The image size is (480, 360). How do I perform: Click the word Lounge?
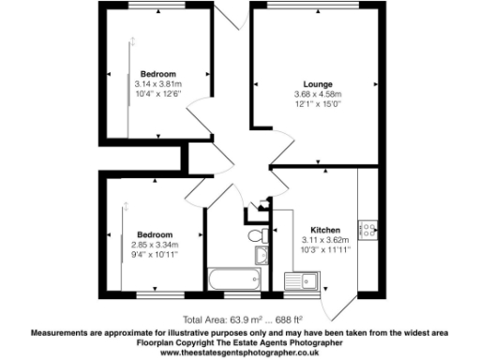point(318,84)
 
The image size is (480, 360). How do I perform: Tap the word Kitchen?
point(312,229)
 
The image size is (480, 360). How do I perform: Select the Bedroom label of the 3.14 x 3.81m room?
point(158,73)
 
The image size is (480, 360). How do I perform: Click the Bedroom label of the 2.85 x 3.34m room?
point(155,234)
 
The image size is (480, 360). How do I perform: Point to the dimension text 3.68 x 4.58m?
point(318,95)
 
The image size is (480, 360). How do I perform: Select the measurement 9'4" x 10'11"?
point(155,254)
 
